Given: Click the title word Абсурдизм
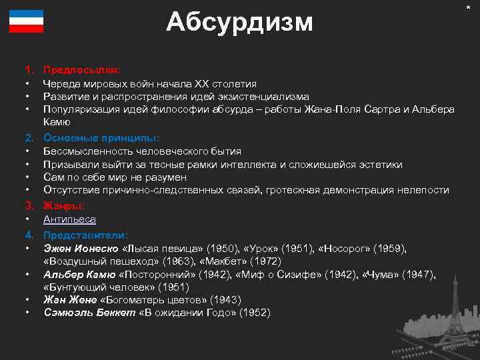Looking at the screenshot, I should [239, 22].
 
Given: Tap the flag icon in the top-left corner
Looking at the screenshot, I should [26, 22].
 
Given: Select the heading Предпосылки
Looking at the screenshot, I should [81, 69].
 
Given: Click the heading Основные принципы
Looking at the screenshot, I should [101, 138].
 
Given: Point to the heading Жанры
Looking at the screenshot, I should [63, 206].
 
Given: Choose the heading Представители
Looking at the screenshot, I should [85, 235].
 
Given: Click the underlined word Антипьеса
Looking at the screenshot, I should [69, 219].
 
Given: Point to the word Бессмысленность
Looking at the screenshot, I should [88, 151].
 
